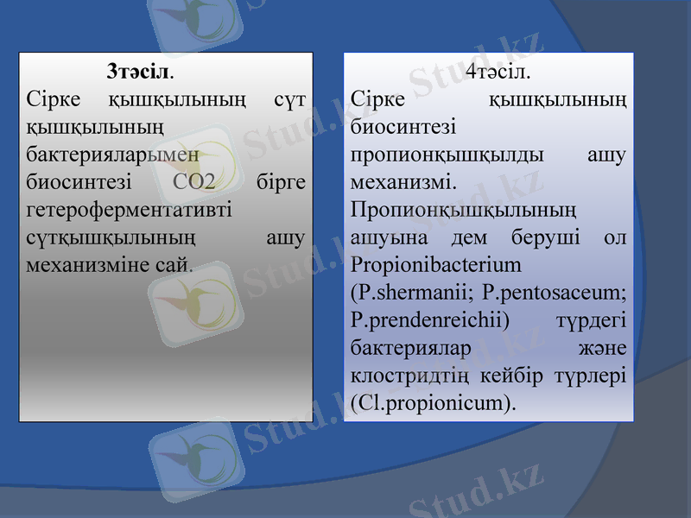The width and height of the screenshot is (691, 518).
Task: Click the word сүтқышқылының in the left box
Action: [x=111, y=237]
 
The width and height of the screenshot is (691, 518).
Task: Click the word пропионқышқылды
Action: [x=447, y=155]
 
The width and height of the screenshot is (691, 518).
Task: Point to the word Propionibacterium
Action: [x=436, y=263]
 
